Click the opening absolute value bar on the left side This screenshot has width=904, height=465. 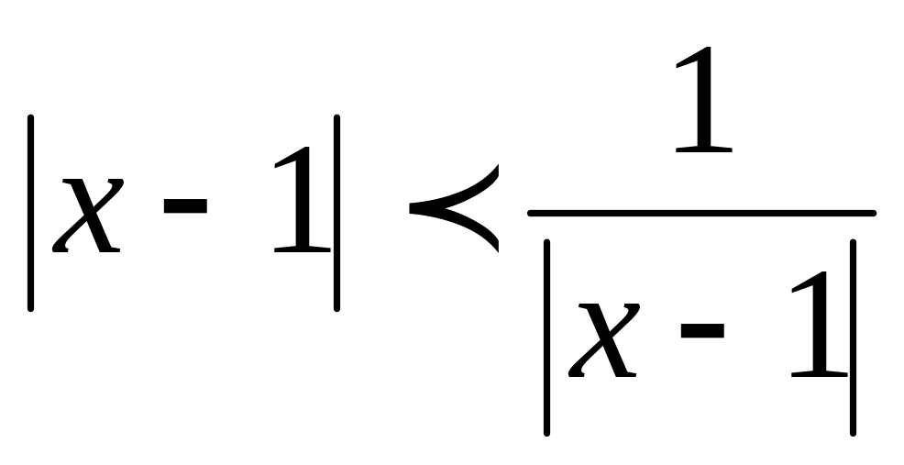click(x=31, y=213)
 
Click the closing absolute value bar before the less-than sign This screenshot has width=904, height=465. click(x=336, y=213)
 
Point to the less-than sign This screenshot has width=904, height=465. click(x=454, y=208)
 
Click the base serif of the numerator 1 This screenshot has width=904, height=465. click(x=702, y=149)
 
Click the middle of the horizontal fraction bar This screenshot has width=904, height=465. click(x=702, y=214)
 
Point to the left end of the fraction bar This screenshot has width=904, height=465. click(x=533, y=214)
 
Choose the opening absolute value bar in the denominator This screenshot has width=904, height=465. click(x=546, y=337)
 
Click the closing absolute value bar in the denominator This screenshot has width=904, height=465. click(x=853, y=337)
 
